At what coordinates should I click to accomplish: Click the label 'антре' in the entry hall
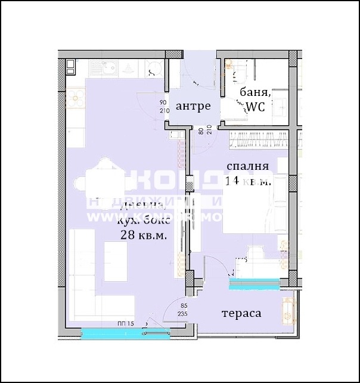coord(193,106)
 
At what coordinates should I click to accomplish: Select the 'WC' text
coord(255,107)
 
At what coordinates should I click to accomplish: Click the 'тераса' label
coord(241,313)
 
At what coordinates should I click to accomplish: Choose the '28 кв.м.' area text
coord(143,235)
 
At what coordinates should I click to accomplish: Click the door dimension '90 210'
coord(163,106)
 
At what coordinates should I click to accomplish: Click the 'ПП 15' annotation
coord(125,323)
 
